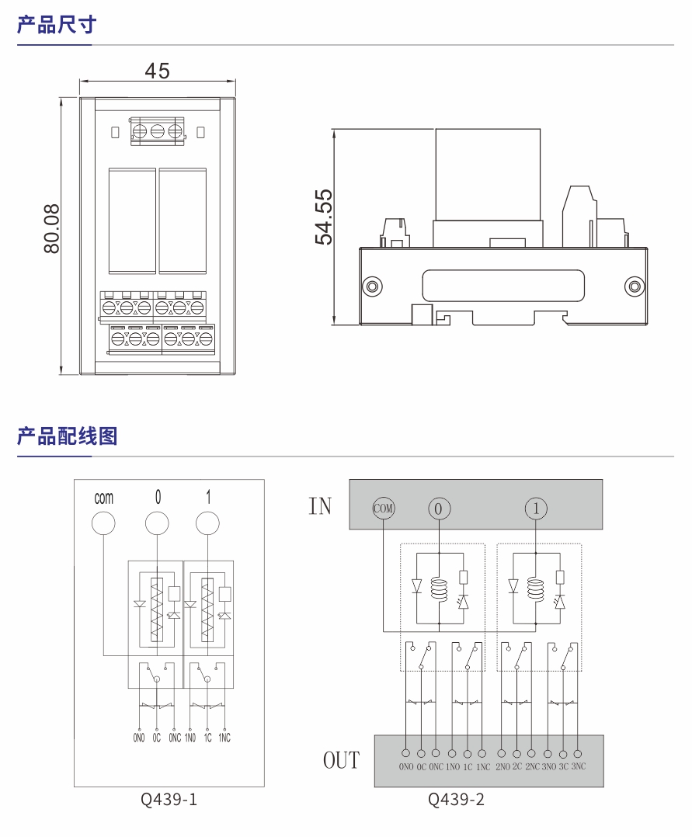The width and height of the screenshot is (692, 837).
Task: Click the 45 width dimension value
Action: [x=157, y=71]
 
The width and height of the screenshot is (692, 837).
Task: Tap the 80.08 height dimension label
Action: [x=52, y=230]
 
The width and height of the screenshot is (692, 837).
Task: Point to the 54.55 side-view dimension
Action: [x=323, y=217]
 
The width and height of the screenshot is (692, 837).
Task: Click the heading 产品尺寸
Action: [x=57, y=25]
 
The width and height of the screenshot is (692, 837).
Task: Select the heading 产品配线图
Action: [x=68, y=436]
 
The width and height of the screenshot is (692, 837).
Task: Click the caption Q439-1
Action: [x=169, y=799]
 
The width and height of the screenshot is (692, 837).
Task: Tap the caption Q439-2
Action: [x=457, y=799]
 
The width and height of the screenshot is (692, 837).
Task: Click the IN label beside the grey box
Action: [x=320, y=506]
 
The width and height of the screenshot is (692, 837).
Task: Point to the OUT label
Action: [x=342, y=759]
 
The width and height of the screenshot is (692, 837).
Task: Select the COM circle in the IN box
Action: [x=384, y=509]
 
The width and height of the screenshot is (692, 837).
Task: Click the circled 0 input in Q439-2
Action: [x=439, y=509]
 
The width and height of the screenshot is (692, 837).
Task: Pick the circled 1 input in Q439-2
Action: [x=535, y=509]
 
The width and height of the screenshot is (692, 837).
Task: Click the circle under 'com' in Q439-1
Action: [x=103, y=523]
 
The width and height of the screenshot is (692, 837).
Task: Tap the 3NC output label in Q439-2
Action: [x=578, y=767]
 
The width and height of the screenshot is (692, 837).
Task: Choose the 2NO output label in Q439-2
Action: [x=502, y=767]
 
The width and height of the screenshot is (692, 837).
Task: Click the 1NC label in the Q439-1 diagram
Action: [x=224, y=738]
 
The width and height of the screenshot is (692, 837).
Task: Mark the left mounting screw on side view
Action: [x=373, y=285]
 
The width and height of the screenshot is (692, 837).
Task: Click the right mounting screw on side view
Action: [x=634, y=285]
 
